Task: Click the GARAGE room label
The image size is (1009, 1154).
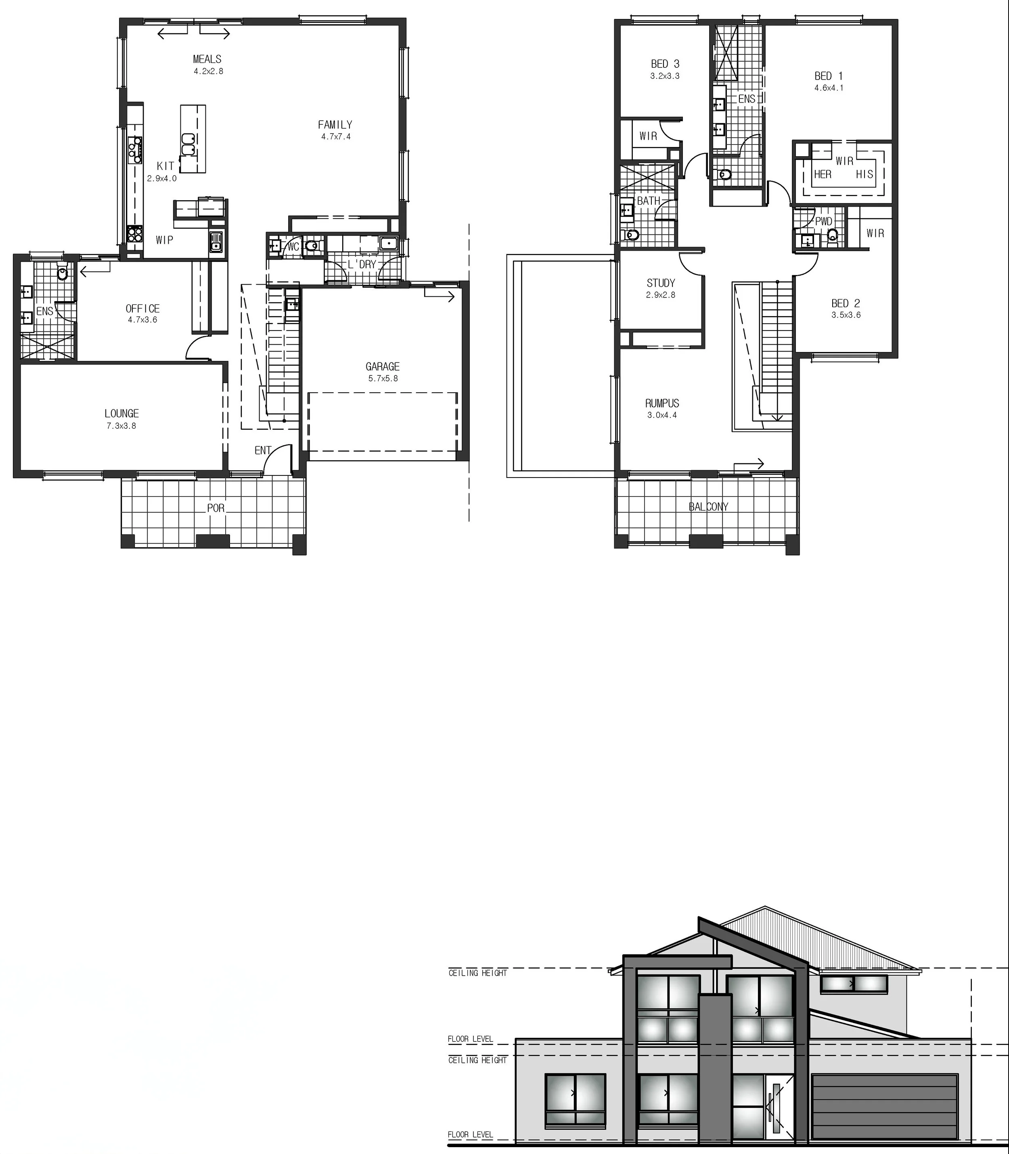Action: click(382, 367)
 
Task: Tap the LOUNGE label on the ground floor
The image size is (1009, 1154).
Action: click(121, 413)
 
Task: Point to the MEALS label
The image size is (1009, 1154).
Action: click(207, 59)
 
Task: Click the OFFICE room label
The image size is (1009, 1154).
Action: click(142, 309)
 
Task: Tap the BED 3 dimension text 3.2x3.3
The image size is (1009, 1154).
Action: click(665, 76)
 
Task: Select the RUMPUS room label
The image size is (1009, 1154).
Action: click(662, 403)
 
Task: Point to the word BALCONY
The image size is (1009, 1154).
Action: click(708, 507)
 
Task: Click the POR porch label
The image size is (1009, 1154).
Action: click(216, 508)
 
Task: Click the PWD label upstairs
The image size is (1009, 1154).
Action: click(824, 221)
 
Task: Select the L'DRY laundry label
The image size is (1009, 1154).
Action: click(362, 264)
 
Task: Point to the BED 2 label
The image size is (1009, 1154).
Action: click(846, 304)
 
